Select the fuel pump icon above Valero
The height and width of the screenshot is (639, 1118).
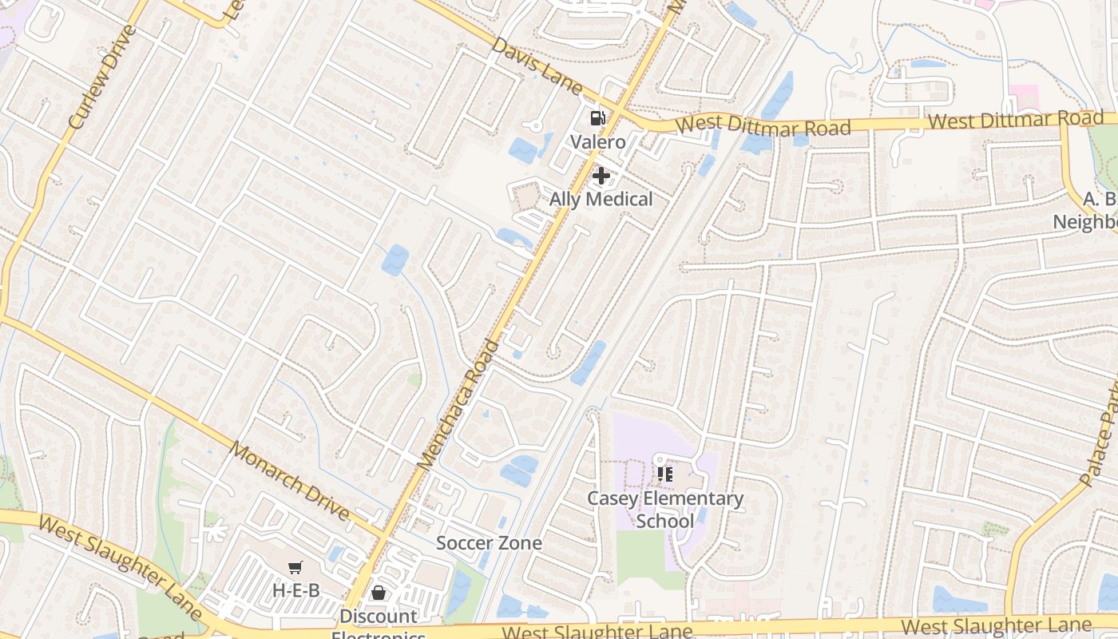(x=597, y=118)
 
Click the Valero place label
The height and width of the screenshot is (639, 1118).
(x=597, y=142)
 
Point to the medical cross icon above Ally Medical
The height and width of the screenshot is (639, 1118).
(x=601, y=175)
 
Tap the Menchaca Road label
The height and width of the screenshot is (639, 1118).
(x=458, y=403)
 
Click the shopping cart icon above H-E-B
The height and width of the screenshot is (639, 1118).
(x=295, y=568)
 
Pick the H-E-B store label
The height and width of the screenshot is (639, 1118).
(x=295, y=590)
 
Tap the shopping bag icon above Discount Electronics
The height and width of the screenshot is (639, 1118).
(x=379, y=593)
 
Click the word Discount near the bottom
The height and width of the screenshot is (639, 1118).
(x=379, y=616)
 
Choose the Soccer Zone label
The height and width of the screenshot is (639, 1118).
(x=489, y=543)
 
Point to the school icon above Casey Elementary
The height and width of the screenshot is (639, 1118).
(x=665, y=475)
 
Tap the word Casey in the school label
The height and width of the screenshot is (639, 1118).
(x=613, y=498)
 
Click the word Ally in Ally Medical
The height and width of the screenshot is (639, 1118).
(x=565, y=199)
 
